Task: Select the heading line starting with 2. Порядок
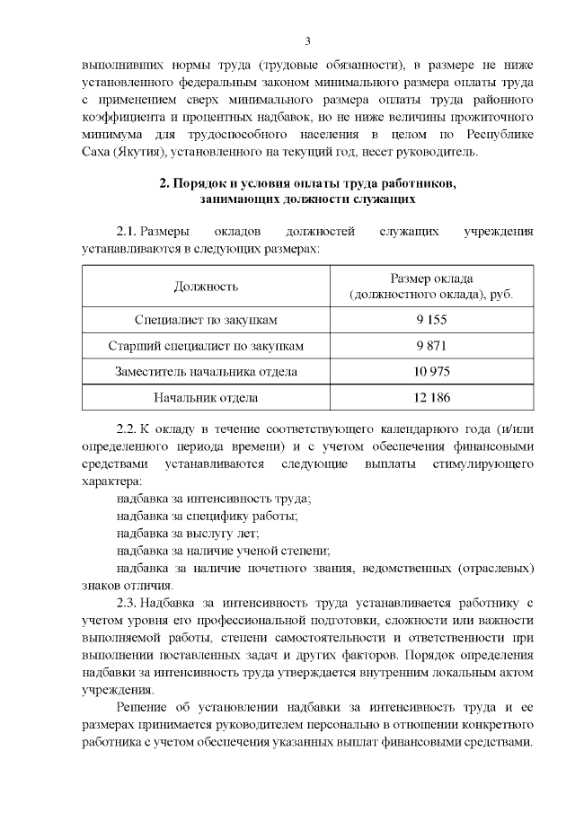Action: tap(307, 184)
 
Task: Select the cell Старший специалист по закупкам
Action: tap(206, 345)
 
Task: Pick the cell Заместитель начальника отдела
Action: tap(206, 371)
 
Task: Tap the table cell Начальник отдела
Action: tap(206, 397)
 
